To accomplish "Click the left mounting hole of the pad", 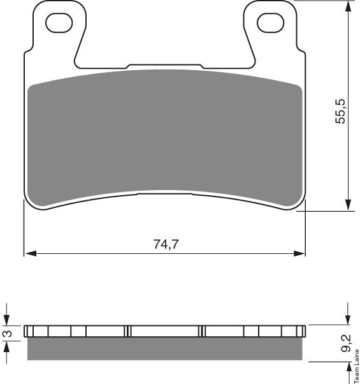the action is (x=59, y=23).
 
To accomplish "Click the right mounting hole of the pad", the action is (x=271, y=23).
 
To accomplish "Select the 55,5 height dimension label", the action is (x=340, y=111).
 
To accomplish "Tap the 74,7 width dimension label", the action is (x=166, y=244).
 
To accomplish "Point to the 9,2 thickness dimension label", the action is (x=346, y=343).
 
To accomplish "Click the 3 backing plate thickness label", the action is (x=9, y=334).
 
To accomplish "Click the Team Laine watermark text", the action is (x=357, y=366).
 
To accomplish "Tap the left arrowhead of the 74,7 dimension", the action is (x=31, y=254).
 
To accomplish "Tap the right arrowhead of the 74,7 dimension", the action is (x=299, y=254).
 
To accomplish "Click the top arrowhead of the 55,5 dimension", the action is (x=348, y=7).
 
